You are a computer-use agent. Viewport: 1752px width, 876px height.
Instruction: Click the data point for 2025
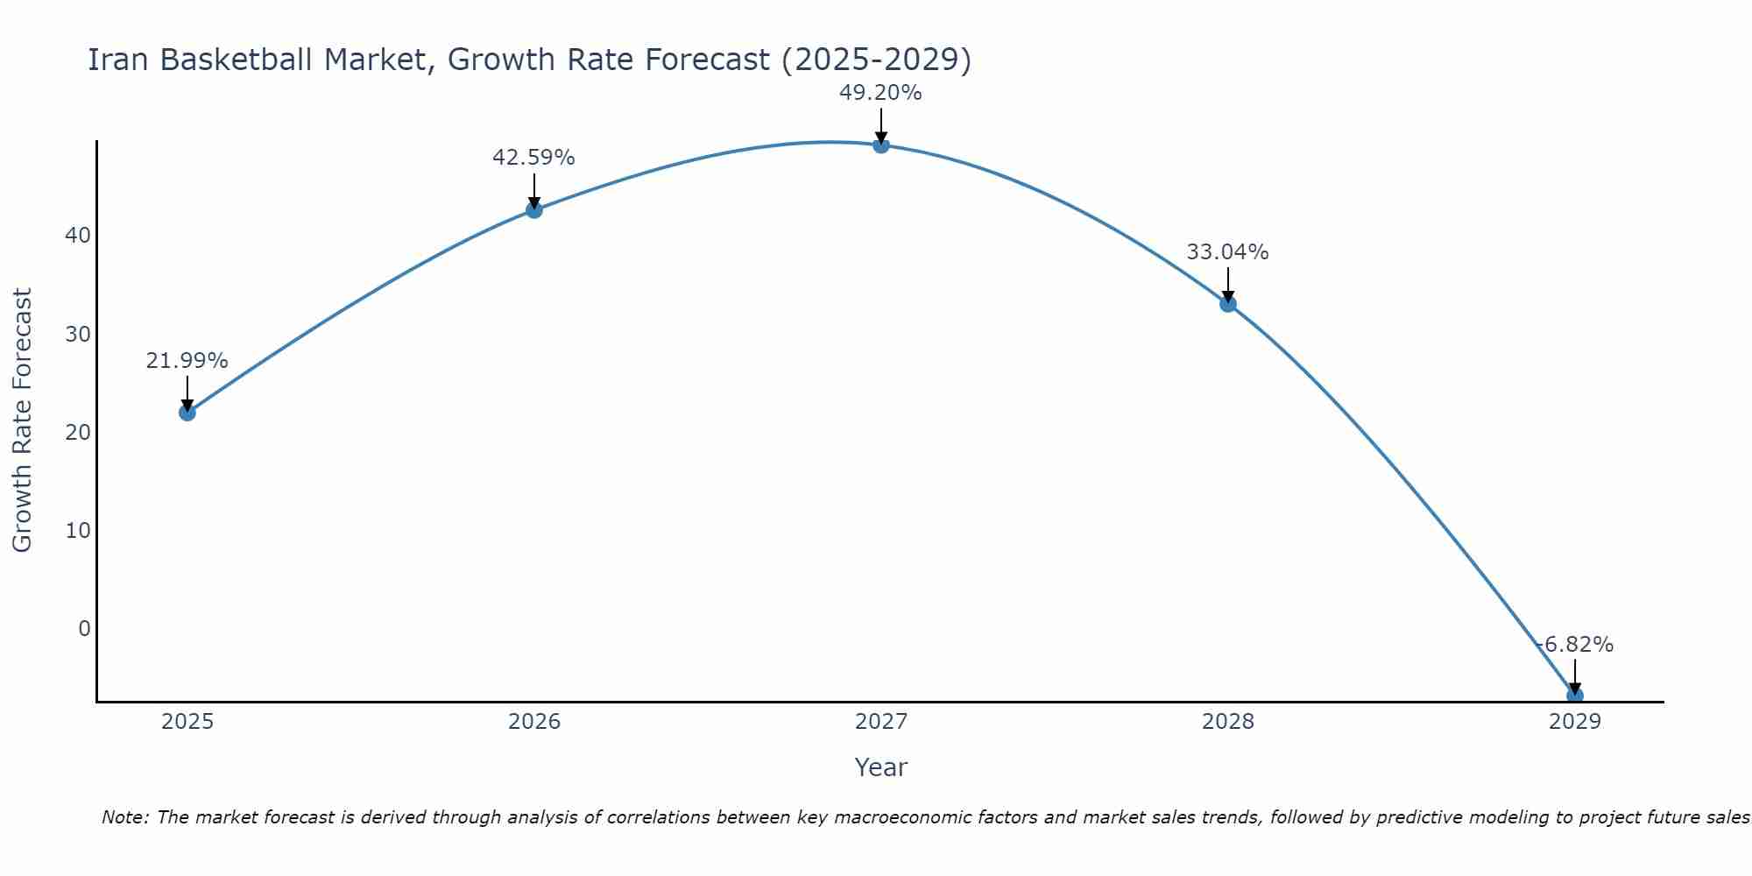[187, 412]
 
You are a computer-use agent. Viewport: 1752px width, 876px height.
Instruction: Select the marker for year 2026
[533, 209]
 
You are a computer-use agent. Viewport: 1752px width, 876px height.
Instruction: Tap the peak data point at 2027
[880, 145]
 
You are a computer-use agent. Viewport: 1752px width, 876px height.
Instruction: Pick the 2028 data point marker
[1227, 304]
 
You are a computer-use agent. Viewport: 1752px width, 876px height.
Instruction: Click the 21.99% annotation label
[187, 361]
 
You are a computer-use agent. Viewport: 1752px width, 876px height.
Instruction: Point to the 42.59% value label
[533, 158]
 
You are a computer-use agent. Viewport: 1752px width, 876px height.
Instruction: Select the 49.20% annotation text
[880, 93]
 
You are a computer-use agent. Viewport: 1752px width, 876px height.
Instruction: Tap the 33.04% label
[1227, 252]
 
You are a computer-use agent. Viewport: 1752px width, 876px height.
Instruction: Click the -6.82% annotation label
[1574, 645]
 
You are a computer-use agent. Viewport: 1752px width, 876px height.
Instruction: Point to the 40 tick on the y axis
[77, 236]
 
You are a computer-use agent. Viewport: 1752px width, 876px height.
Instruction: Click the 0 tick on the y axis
[84, 628]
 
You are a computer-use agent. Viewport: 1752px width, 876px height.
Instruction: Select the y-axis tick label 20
[77, 432]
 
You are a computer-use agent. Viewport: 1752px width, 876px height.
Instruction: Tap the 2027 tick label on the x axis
[880, 722]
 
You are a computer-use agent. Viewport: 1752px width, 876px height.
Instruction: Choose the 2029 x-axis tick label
[1574, 722]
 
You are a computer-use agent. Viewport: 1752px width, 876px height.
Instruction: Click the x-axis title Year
[880, 767]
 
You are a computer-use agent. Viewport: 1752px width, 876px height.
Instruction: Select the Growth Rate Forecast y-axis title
[23, 420]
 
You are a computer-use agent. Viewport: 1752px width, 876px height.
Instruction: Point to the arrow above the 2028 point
[1227, 285]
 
